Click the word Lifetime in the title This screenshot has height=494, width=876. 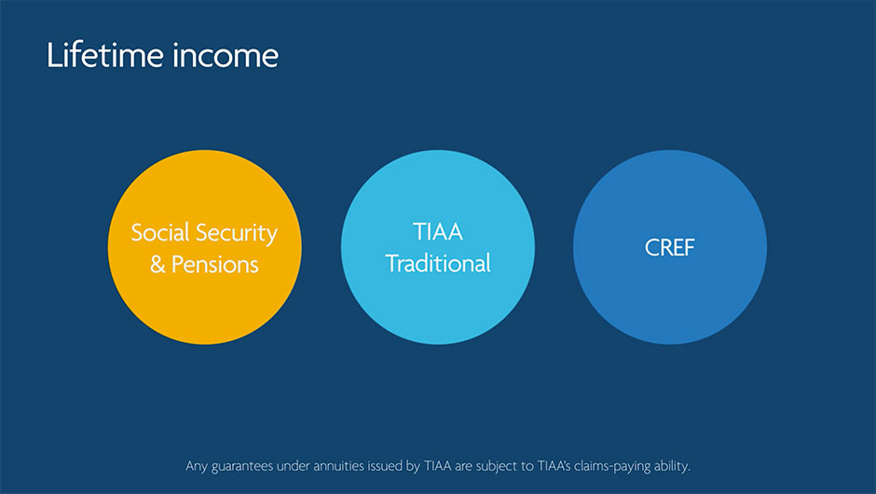(x=105, y=55)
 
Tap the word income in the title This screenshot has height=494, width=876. (x=226, y=55)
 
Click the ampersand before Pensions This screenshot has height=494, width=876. (x=157, y=265)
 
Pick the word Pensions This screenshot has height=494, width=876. (x=214, y=265)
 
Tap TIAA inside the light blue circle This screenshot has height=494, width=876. (x=438, y=232)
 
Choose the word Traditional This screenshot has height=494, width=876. (x=438, y=263)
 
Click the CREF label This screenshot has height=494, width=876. (x=670, y=248)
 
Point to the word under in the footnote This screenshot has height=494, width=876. (x=293, y=466)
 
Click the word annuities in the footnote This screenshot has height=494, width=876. (x=338, y=466)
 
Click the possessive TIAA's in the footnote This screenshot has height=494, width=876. (x=554, y=466)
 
